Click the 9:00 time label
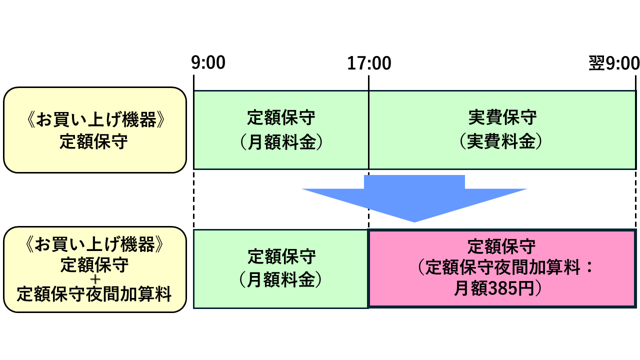click(208, 63)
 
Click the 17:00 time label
click(369, 63)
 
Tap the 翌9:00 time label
click(614, 63)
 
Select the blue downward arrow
click(414, 197)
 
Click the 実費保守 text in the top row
click(502, 117)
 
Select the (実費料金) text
click(502, 141)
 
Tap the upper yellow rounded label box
click(95, 130)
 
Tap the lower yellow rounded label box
click(95, 270)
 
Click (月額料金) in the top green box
click(281, 142)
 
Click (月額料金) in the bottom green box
click(281, 280)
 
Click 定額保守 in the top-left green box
click(281, 118)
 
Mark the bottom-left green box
click(281, 269)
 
